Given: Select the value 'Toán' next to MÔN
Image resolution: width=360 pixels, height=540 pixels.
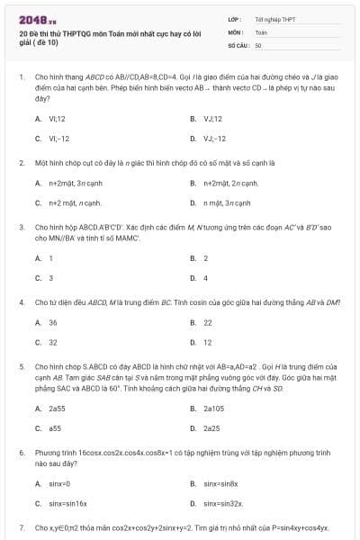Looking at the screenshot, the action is coord(261,31).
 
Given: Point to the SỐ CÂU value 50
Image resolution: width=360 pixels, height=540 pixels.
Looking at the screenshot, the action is coord(258,43).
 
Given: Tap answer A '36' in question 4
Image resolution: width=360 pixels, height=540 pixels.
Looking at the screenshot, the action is coord(53,321).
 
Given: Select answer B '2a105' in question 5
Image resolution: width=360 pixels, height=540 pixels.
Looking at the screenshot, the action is coord(211,408).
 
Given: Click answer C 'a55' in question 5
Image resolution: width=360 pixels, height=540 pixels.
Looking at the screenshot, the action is coord(54,427).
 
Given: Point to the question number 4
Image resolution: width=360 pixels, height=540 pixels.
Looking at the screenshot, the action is coord(22,300).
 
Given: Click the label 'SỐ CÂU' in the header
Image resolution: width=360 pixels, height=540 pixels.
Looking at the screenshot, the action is coord(238,43).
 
